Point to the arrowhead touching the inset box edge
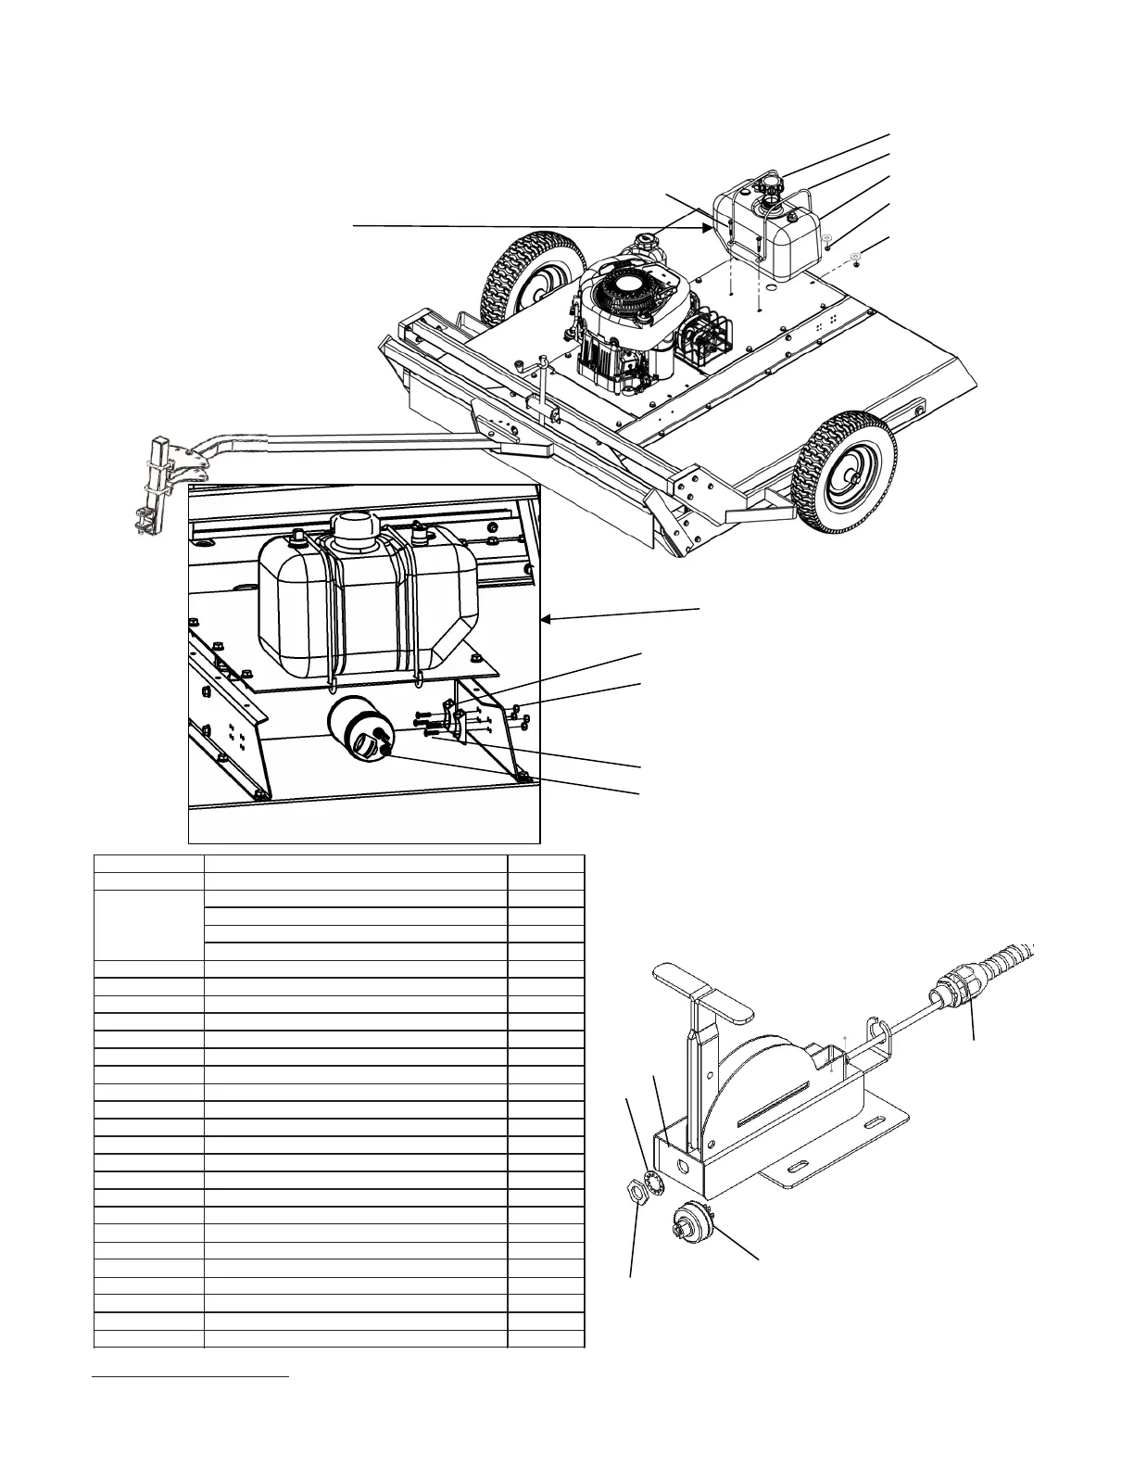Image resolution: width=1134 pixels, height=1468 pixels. [544, 623]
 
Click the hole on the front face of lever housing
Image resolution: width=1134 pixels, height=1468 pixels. [685, 1164]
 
